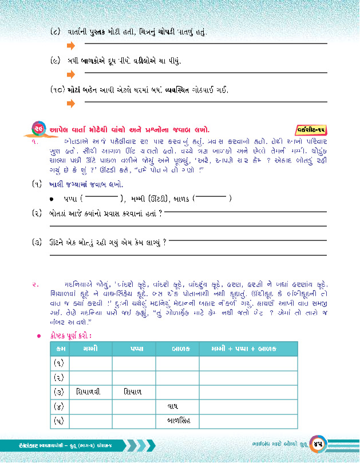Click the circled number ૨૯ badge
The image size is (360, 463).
point(39,128)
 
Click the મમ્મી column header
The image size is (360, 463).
point(90,349)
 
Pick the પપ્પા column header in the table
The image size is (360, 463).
point(133,349)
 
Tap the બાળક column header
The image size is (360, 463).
point(177,349)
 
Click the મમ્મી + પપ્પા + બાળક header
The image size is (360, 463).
point(248,349)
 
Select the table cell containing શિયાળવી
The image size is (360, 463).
point(90,392)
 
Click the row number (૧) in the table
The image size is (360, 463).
point(59,363)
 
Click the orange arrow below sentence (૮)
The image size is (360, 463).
point(71,44)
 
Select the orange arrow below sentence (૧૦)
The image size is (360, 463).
point(71,104)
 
